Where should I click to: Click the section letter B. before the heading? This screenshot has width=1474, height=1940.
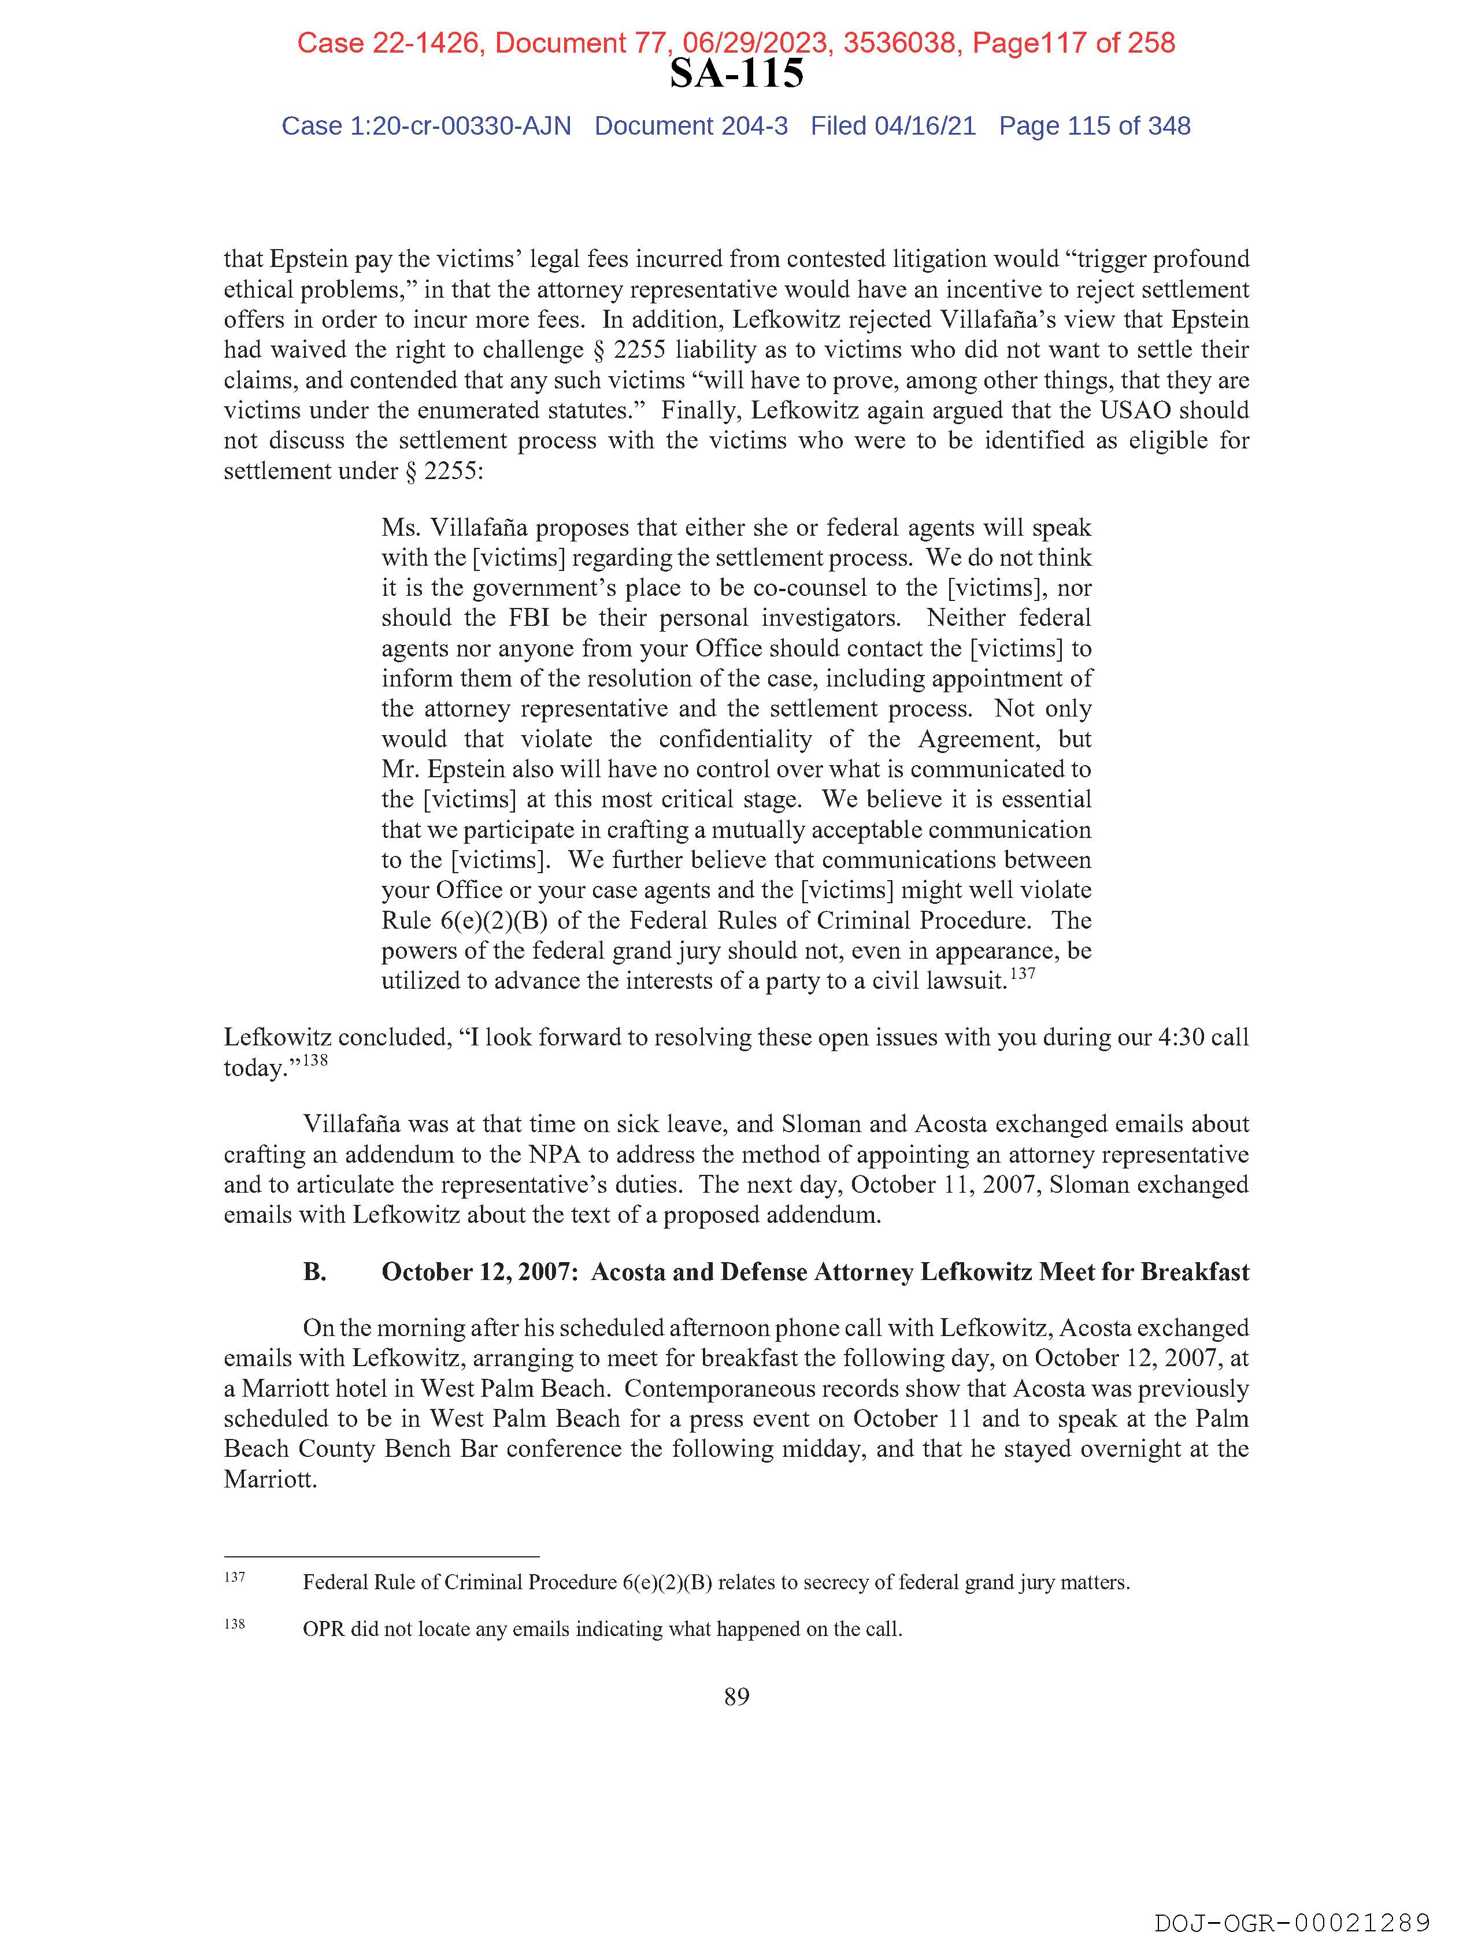click(x=315, y=1272)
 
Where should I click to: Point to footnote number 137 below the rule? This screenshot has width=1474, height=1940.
click(x=234, y=1577)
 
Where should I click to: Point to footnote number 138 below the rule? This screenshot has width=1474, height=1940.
click(x=234, y=1623)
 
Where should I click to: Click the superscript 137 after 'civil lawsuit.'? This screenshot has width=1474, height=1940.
click(x=1023, y=974)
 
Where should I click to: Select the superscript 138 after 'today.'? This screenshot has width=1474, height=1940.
click(x=315, y=1060)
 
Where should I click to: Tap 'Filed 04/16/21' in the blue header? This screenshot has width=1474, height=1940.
click(x=892, y=127)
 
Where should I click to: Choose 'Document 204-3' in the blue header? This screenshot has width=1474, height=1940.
click(x=691, y=127)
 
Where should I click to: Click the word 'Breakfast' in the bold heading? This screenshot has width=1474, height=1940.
click(x=1195, y=1272)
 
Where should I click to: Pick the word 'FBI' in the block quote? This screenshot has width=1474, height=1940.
click(x=528, y=618)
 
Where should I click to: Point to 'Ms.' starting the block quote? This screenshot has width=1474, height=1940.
click(x=399, y=528)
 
